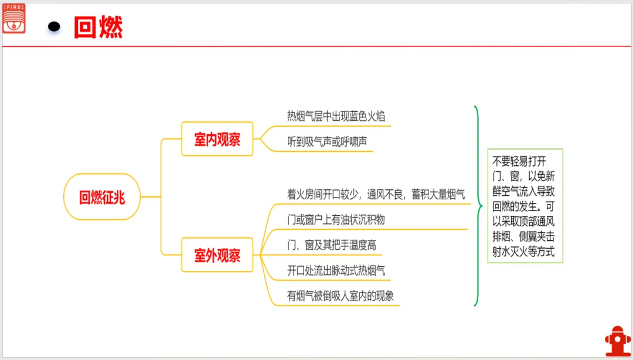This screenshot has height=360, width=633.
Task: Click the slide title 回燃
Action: pyautogui.click(x=98, y=27)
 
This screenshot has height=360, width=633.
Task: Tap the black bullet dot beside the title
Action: pyautogui.click(x=55, y=26)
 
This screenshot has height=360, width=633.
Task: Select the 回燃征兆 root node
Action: pyautogui.click(x=102, y=197)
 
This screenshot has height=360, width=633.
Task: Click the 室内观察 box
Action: pyautogui.click(x=217, y=140)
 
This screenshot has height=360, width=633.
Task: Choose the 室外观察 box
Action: pyautogui.click(x=217, y=255)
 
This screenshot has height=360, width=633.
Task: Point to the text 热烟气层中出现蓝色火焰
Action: pyautogui.click(x=336, y=116)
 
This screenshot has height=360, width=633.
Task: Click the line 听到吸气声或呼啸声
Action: pyautogui.click(x=327, y=142)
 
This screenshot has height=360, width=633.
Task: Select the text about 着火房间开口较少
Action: pyautogui.click(x=376, y=194)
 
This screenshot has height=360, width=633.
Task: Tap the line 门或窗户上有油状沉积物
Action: pyautogui.click(x=336, y=220)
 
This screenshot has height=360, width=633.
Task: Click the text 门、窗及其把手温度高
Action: pyautogui.click(x=331, y=245)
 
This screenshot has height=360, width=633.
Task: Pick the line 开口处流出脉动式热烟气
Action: pyautogui.click(x=336, y=270)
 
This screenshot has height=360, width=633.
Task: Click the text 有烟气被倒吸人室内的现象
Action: pyautogui.click(x=340, y=296)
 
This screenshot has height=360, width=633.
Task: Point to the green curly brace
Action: pyautogui.click(x=478, y=206)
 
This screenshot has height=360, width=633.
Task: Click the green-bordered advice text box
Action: pyautogui.click(x=525, y=205)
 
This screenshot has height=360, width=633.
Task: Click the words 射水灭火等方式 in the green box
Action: pyautogui.click(x=523, y=253)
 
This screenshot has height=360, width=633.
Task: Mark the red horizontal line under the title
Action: pyautogui.click(x=316, y=46)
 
